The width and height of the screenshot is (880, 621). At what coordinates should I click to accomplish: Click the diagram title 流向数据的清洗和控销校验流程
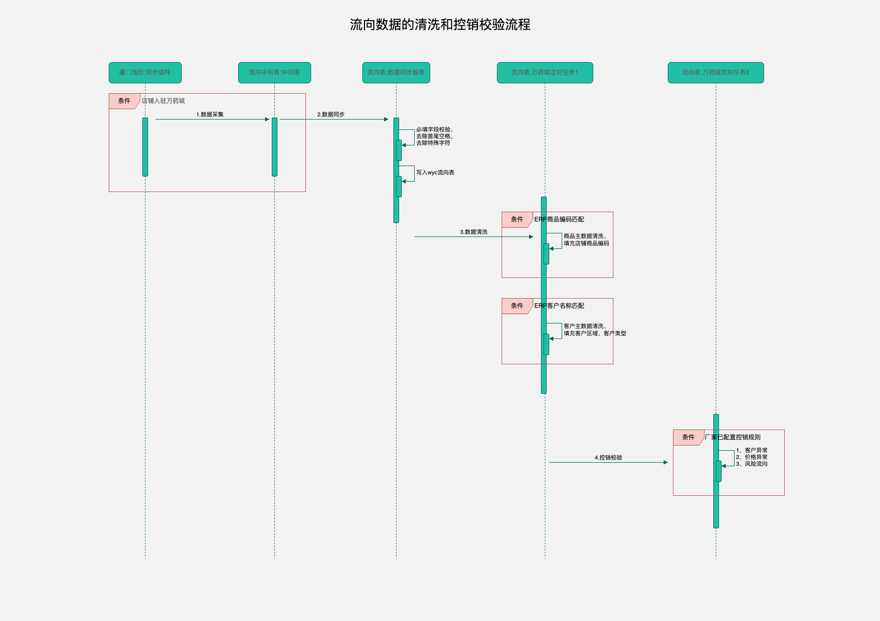440,25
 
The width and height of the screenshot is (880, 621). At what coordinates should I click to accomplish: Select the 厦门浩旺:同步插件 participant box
145,72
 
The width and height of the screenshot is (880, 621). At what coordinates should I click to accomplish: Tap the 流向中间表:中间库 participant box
274,72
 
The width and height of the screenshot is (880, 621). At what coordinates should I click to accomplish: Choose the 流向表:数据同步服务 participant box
396,72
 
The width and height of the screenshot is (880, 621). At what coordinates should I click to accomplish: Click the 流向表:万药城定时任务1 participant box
545,72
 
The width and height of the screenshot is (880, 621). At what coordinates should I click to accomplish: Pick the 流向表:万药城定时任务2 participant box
715,72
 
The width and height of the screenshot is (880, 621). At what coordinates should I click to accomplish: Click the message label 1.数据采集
210,114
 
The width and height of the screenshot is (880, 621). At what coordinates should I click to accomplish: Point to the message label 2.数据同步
331,114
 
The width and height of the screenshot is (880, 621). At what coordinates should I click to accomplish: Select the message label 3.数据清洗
474,232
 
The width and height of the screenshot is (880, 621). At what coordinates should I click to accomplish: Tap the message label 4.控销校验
608,457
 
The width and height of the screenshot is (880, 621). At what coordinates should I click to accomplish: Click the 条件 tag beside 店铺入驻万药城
124,101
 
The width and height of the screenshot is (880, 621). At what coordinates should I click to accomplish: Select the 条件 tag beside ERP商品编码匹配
517,219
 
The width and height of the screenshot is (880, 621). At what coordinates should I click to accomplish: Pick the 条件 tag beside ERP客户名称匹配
517,306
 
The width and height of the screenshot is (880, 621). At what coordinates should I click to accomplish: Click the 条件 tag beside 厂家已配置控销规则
688,437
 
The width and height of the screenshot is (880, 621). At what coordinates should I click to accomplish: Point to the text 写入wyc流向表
435,172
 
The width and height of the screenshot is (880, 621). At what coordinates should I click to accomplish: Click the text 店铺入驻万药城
163,101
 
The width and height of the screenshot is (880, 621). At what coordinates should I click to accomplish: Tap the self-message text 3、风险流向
752,464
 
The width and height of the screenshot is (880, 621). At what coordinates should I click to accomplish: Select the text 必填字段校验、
435,129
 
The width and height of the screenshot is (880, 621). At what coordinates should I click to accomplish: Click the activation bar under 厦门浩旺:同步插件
145,147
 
